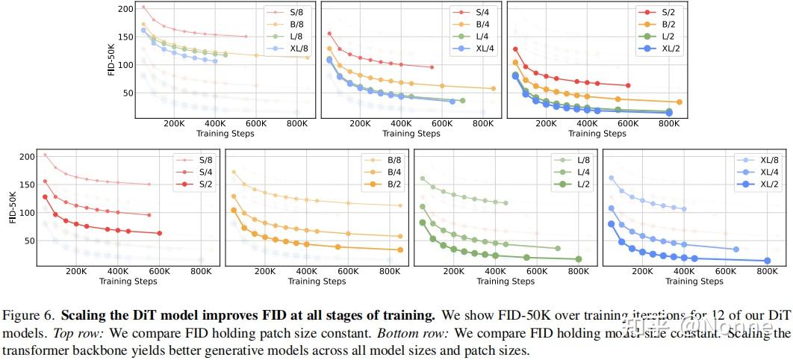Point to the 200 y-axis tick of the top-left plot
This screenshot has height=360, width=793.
pos(125,9)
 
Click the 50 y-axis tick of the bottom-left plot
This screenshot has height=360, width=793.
pos(28,240)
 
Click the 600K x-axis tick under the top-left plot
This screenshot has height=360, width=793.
pos(257,124)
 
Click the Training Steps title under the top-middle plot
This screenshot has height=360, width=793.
pos(411,134)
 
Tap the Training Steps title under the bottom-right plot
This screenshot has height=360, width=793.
pos(694,282)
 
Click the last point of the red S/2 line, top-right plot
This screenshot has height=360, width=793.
pos(628,86)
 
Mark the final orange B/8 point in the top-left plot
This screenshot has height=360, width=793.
pos(308,58)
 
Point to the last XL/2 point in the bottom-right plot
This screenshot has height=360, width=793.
pos(767,261)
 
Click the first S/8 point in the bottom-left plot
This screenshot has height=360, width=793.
pos(45,155)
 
